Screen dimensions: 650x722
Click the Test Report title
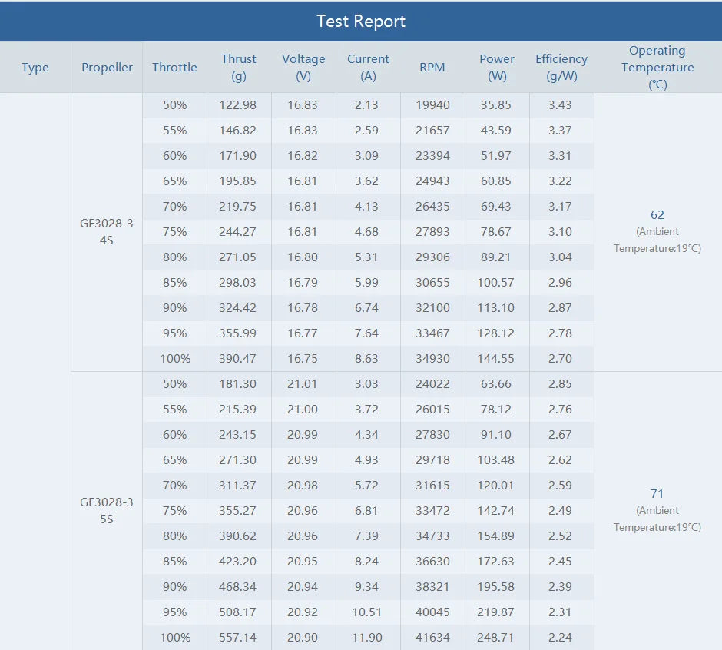pyautogui.click(x=361, y=21)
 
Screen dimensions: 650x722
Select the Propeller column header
pyautogui.click(x=107, y=68)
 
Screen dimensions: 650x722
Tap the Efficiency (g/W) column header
pyautogui.click(x=561, y=68)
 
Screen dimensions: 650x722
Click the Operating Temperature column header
pyautogui.click(x=657, y=68)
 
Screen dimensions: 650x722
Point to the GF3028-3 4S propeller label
pyautogui.click(x=107, y=232)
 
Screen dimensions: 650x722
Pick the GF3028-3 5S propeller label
pyautogui.click(x=107, y=511)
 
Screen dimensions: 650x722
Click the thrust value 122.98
pyautogui.click(x=239, y=105)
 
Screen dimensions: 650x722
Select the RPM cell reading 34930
pyautogui.click(x=432, y=359)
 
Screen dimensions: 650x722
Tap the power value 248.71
pyautogui.click(x=497, y=638)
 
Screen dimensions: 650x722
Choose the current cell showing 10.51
pyautogui.click(x=368, y=612)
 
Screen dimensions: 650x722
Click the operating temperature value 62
pyautogui.click(x=657, y=215)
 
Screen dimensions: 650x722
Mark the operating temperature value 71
pyautogui.click(x=657, y=494)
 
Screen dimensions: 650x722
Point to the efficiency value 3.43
pyautogui.click(x=560, y=105)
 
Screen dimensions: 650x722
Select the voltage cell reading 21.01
pyautogui.click(x=303, y=384)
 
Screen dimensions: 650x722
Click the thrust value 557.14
pyautogui.click(x=239, y=638)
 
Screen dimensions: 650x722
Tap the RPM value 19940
pyautogui.click(x=432, y=105)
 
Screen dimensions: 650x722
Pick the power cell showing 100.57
pyautogui.click(x=497, y=283)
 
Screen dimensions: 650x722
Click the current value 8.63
pyautogui.click(x=368, y=359)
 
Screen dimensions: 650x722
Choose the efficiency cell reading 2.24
pyautogui.click(x=560, y=638)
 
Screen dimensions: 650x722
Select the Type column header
pyautogui.click(x=35, y=68)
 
